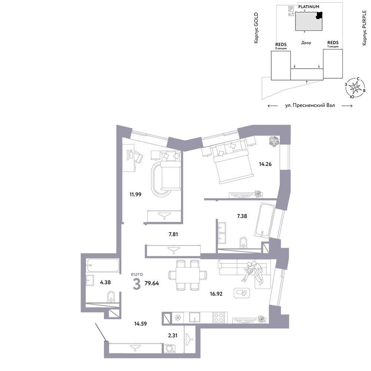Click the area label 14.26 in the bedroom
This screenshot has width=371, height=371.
(x=265, y=164)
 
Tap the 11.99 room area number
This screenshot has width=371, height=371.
(x=135, y=194)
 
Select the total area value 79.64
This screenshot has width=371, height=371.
(x=152, y=283)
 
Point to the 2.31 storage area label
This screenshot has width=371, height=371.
(x=173, y=335)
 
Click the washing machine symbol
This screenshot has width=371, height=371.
(x=170, y=348)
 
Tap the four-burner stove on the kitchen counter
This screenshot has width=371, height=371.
(x=219, y=318)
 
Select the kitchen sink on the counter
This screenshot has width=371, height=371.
(x=194, y=318)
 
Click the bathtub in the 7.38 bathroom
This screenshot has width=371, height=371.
(x=265, y=220)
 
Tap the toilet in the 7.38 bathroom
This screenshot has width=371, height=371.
(x=243, y=243)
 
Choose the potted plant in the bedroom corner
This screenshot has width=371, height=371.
(x=274, y=141)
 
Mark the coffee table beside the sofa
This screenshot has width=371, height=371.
(x=242, y=293)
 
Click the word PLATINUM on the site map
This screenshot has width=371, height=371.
(x=309, y=7)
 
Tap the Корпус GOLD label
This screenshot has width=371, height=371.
(x=256, y=28)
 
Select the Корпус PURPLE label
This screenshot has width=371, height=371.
(x=364, y=28)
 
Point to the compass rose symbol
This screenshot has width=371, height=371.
(x=355, y=88)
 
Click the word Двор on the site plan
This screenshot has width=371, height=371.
(x=306, y=43)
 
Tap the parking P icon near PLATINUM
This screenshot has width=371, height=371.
(x=291, y=9)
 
